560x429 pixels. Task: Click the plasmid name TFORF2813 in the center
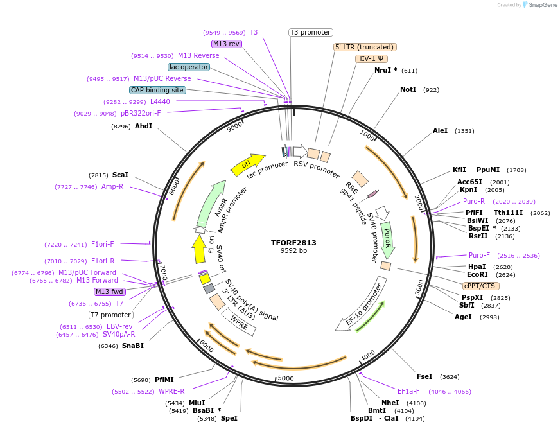pyautogui.click(x=293, y=243)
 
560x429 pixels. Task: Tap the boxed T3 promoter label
pyautogui.click(x=311, y=32)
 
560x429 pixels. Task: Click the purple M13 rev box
pyautogui.click(x=226, y=44)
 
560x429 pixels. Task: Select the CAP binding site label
pyautogui.click(x=157, y=90)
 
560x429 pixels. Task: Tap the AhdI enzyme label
pyautogui.click(x=143, y=126)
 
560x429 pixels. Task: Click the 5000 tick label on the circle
pyautogui.click(x=286, y=378)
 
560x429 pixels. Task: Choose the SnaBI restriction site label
pyautogui.click(x=133, y=346)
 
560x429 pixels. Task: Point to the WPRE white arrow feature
pyautogui.click(x=238, y=324)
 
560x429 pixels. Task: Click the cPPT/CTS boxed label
pyautogui.click(x=480, y=286)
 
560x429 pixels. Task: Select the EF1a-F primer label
pyautogui.click(x=408, y=390)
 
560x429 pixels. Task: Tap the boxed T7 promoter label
pyautogui.click(x=111, y=315)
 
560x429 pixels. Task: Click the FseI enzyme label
pyautogui.click(x=424, y=376)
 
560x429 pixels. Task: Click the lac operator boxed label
pyautogui.click(x=189, y=67)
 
